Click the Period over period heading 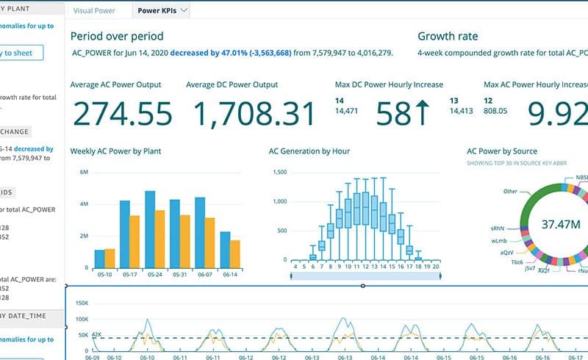point(117,36)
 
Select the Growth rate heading point(448,36)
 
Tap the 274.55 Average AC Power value point(122,114)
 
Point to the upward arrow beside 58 point(423,114)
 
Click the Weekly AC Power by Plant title point(115,151)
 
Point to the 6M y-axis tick point(83,172)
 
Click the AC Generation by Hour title point(309,151)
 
